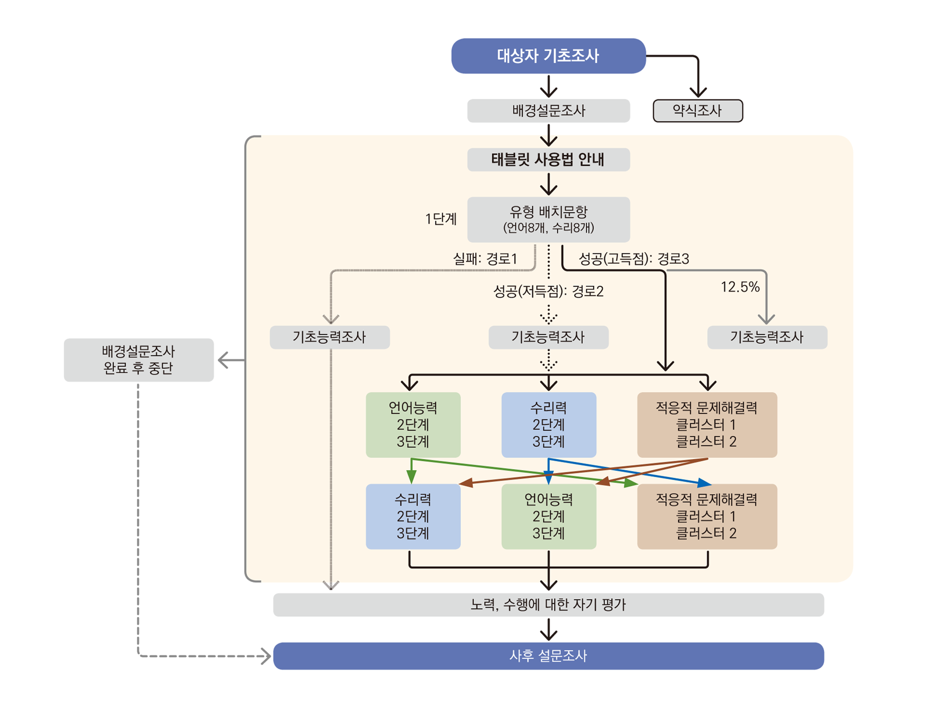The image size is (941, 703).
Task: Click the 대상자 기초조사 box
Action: (548, 56)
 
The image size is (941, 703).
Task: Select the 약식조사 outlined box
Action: (697, 111)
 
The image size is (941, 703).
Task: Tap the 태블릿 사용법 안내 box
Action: (548, 160)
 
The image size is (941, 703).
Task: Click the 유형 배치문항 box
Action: (548, 220)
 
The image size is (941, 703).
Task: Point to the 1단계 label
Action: (440, 219)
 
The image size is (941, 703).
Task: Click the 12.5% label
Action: (740, 287)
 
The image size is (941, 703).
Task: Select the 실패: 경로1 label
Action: (485, 259)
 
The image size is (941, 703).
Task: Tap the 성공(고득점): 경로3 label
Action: (633, 259)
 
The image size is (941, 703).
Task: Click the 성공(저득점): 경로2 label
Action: (548, 292)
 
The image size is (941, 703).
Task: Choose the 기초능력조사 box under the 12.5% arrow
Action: (767, 337)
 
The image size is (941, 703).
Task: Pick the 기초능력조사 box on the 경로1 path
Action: (329, 337)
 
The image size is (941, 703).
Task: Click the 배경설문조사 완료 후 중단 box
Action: (138, 360)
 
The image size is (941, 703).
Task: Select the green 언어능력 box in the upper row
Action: (413, 425)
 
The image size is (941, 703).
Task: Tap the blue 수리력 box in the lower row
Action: (413, 516)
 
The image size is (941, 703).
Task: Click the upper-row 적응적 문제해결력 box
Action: (707, 425)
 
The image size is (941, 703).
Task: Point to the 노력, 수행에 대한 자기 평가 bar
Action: (548, 605)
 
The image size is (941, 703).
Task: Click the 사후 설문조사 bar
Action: (548, 656)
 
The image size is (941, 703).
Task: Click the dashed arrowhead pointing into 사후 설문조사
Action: (267, 656)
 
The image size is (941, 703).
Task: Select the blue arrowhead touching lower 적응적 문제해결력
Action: (704, 482)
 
